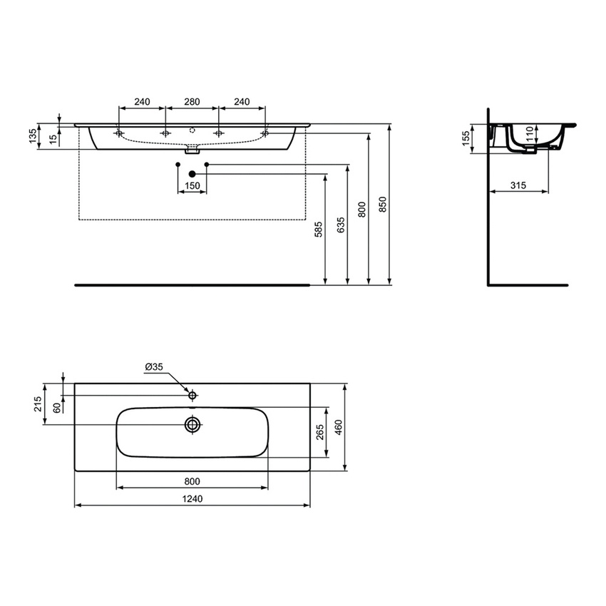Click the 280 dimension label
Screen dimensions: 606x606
pos(192,102)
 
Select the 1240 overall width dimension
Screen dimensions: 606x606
pos(192,499)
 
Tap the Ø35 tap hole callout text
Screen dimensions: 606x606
pos(154,366)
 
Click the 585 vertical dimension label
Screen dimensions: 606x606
pos(319,229)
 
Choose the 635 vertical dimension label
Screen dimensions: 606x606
pos(340,225)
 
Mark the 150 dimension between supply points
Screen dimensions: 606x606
pos(192,186)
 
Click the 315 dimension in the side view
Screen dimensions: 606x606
pos(518,185)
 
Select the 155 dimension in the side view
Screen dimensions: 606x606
pos(466,137)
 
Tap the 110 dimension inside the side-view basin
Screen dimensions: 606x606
pos(529,134)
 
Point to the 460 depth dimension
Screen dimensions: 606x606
pos(339,428)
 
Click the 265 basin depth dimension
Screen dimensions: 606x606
pos(320,432)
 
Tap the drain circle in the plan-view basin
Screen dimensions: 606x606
pos(192,425)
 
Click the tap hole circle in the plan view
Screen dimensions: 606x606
pos(192,394)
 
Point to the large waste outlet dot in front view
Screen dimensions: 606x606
pos(192,173)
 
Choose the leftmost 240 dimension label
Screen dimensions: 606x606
pos(142,102)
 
